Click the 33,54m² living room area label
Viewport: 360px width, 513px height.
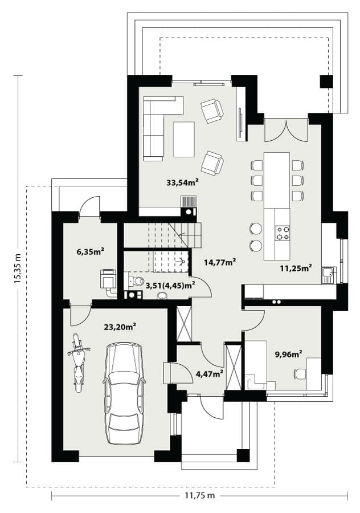tap(183, 182)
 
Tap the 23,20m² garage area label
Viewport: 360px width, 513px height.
tap(120, 327)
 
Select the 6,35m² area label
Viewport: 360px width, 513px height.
tap(90, 251)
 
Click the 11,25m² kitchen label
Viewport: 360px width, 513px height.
tap(296, 268)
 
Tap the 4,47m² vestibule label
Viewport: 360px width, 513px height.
tap(210, 373)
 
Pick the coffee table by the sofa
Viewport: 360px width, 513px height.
tap(184, 140)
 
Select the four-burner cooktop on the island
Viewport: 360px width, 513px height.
tap(283, 233)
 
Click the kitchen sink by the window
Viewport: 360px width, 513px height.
tap(328, 275)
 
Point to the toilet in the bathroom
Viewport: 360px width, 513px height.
tap(137, 280)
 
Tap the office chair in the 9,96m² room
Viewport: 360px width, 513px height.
tap(300, 373)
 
